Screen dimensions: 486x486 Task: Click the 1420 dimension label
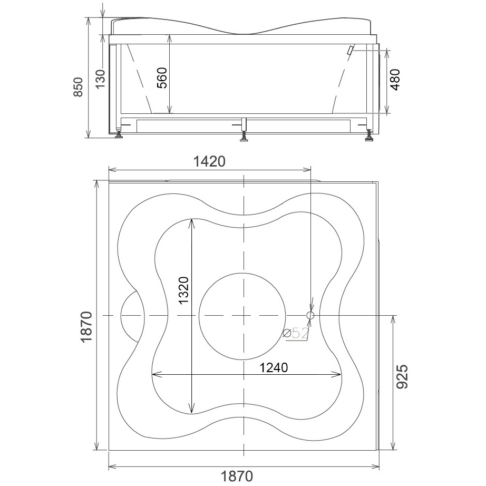pos(209,161)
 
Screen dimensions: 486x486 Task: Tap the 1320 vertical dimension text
pos(183,290)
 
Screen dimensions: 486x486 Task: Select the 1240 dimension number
pos(274,367)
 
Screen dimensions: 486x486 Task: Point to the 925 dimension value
pos(402,376)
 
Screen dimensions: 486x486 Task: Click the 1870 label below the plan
pos(237,477)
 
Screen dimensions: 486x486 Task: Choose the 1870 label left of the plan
pos(86,327)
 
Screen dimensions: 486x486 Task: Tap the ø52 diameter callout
pos(296,334)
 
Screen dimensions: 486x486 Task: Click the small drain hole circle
pos(310,316)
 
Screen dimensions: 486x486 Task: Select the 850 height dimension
pos(78,87)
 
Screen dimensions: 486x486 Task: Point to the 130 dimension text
pos(100,79)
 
